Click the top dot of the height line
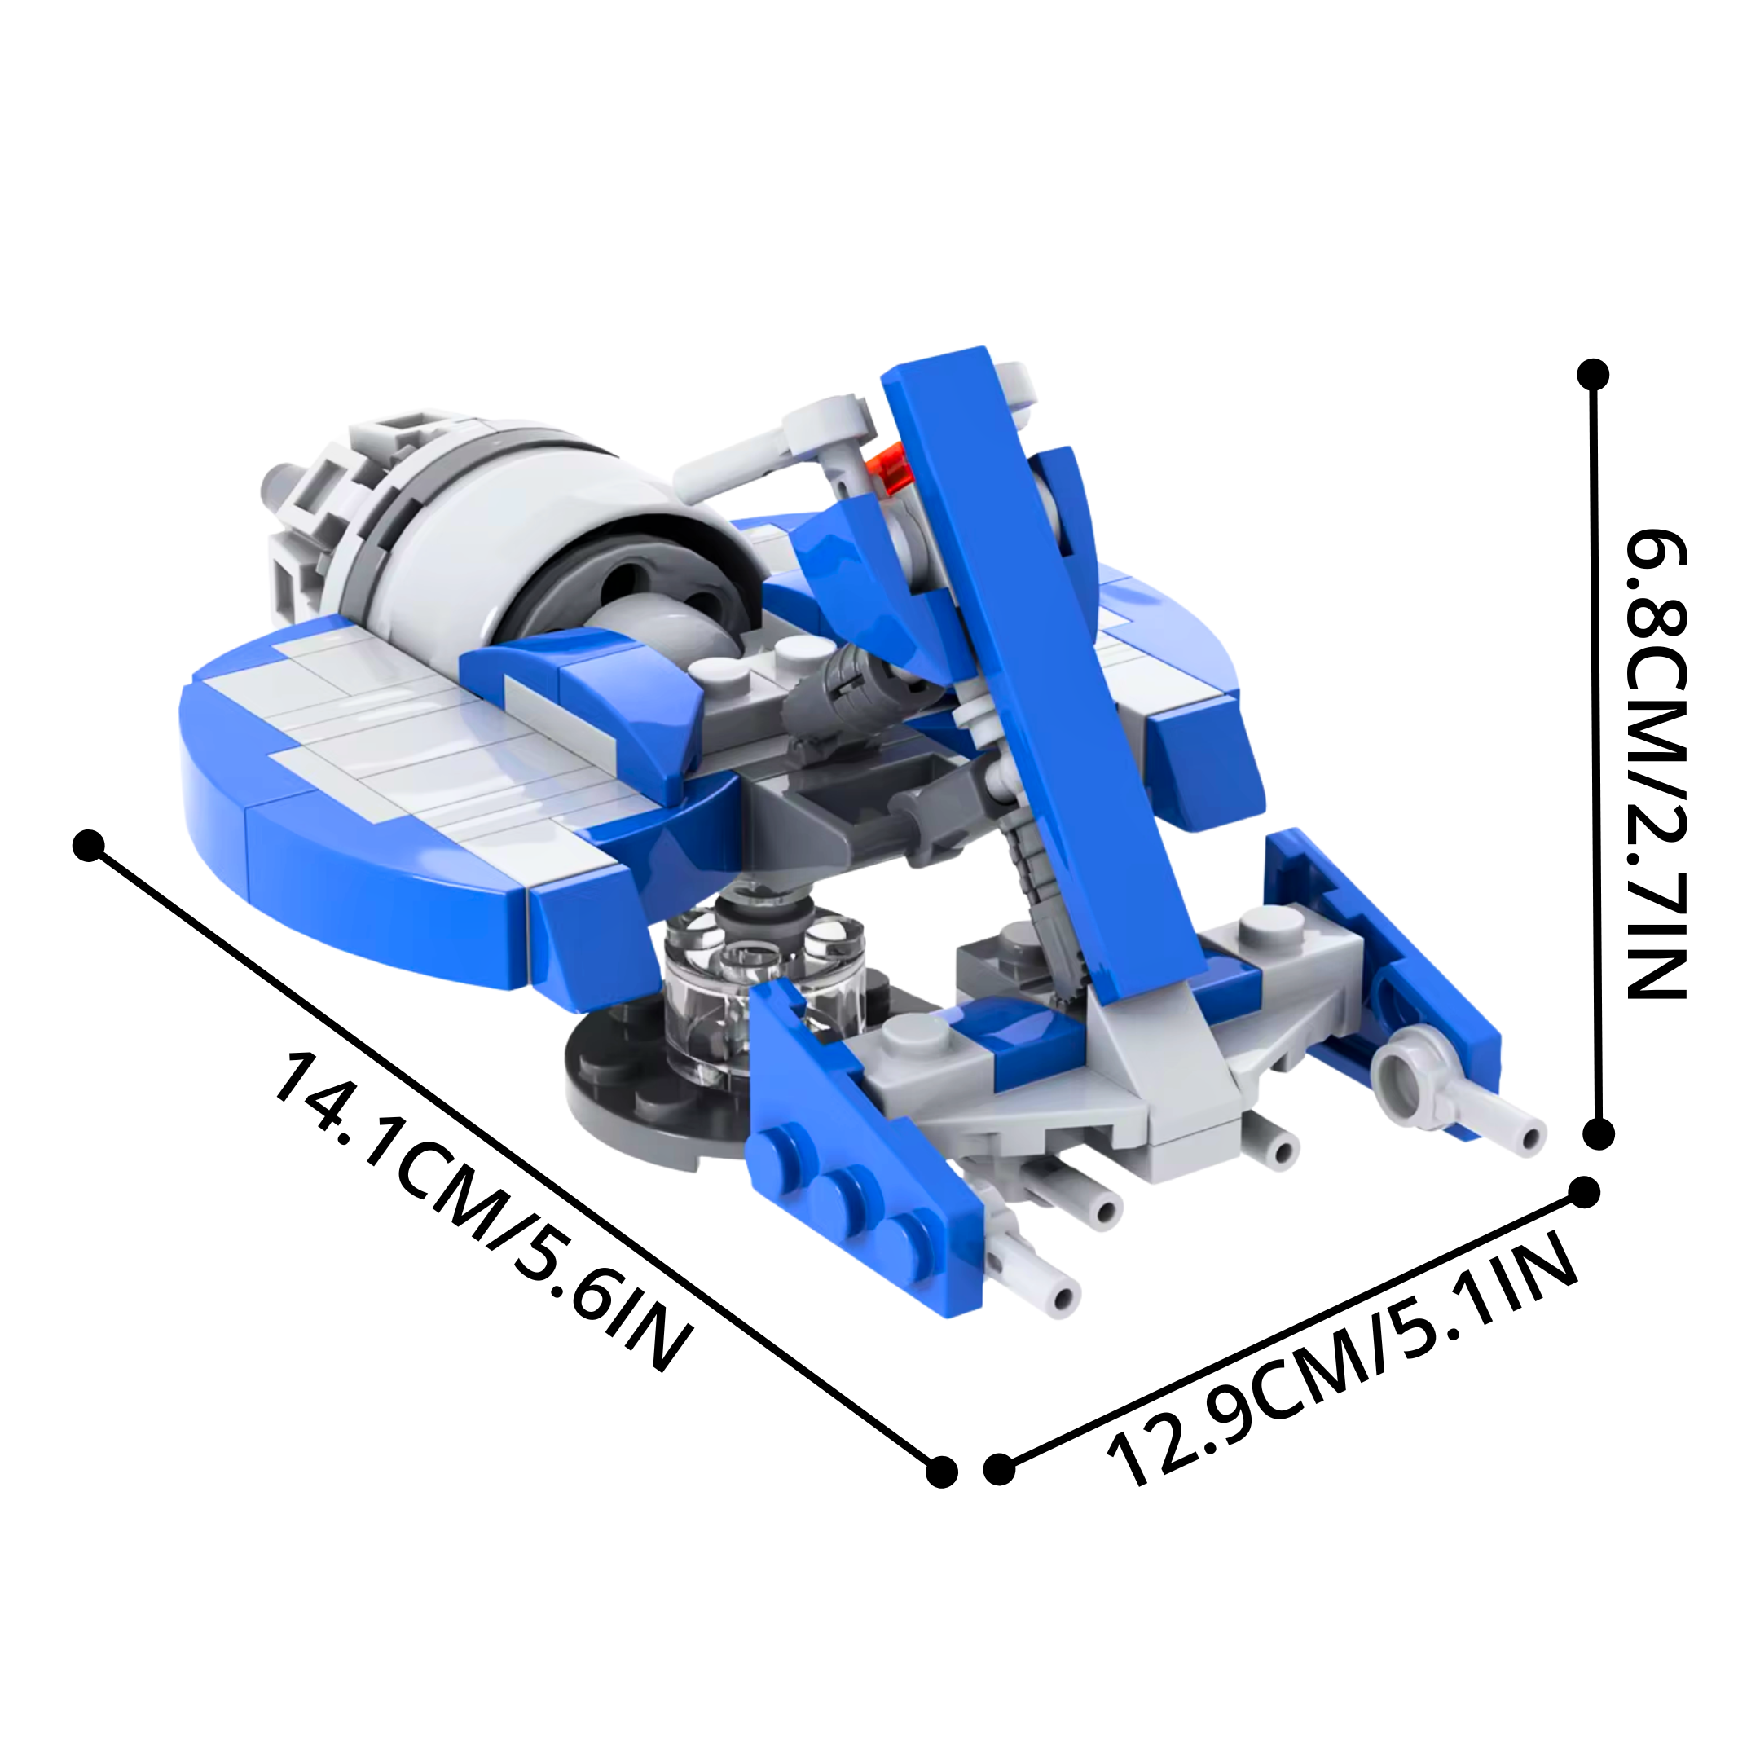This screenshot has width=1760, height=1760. (x=1592, y=375)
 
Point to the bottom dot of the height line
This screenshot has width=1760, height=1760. (x=1599, y=1134)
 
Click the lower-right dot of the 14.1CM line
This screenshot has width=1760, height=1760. (x=941, y=1472)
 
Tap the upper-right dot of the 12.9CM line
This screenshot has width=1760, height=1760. (x=1584, y=1194)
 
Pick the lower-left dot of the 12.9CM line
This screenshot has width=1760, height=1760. (x=999, y=1468)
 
